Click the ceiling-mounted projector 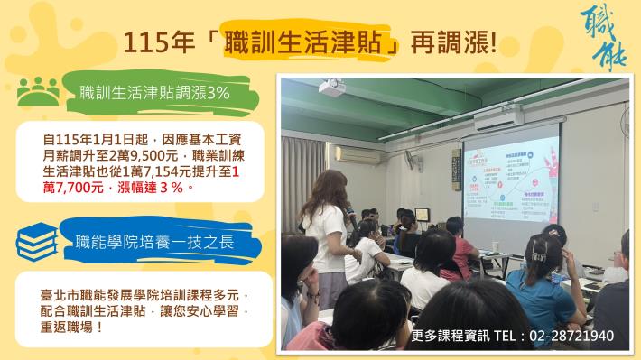(x=334, y=88)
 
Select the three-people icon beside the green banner (x=36, y=91)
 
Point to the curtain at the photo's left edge (x=293, y=180)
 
